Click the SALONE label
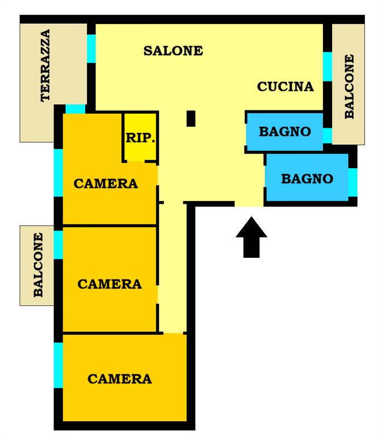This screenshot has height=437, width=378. click(x=173, y=51)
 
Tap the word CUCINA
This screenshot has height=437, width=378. click(x=285, y=87)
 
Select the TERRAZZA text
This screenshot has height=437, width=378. click(x=45, y=66)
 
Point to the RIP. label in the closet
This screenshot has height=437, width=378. click(x=140, y=138)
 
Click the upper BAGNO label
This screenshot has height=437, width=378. click(x=285, y=132)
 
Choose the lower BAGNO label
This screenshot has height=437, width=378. click(x=307, y=179)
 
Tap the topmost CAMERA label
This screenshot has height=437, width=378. click(x=105, y=184)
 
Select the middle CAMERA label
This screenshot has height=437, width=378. click(x=110, y=284)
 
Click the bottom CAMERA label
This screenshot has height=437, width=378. click(x=120, y=379)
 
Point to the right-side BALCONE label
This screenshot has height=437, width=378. click(x=349, y=86)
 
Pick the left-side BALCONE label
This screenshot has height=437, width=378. click(x=38, y=265)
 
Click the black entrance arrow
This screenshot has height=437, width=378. click(x=251, y=237)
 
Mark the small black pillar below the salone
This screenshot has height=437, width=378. click(x=191, y=119)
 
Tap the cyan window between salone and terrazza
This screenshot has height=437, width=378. click(x=91, y=49)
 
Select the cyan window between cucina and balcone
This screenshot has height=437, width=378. click(x=328, y=67)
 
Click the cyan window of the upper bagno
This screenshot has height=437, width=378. click(x=328, y=135)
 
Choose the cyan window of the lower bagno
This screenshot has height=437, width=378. click(x=353, y=182)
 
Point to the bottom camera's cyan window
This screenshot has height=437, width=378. click(x=58, y=365)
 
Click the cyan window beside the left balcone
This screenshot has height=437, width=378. click(x=58, y=245)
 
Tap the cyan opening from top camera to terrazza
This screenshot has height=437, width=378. click(x=75, y=109)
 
